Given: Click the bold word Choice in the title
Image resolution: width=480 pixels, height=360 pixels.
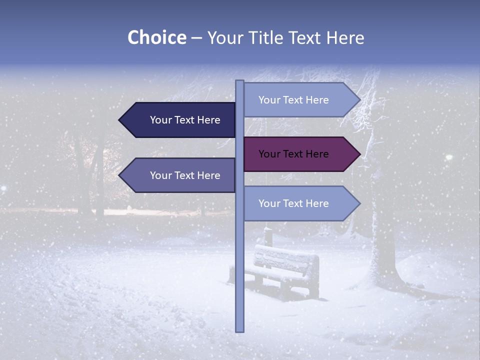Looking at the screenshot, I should coord(156,37).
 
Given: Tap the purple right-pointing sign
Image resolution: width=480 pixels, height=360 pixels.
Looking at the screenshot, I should coord(297,154).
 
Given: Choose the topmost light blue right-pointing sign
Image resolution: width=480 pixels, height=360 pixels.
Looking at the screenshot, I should coord(297,100).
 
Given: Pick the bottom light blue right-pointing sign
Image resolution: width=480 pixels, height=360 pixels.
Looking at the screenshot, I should coord(297,203).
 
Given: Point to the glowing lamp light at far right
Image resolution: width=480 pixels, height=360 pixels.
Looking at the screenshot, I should coord(449,157).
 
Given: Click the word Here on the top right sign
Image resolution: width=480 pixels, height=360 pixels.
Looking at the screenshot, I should coord(317,100).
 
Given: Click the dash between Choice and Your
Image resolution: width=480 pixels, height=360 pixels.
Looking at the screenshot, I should coord(196,37).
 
